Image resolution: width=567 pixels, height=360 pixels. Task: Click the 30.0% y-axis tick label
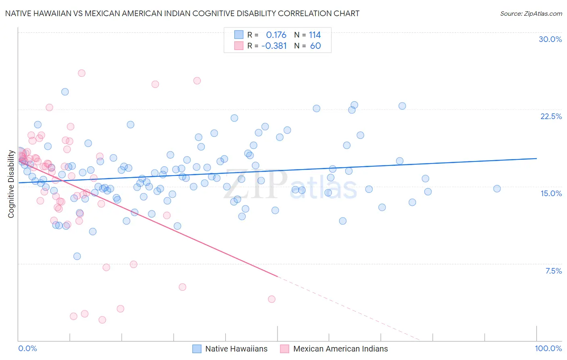[x=550, y=39]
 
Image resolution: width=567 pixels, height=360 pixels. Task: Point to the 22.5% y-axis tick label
[x=551, y=116]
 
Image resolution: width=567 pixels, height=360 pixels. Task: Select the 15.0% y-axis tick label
[x=551, y=193]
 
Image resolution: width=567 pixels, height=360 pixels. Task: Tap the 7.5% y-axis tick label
[x=553, y=271]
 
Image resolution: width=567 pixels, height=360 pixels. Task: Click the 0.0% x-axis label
[x=27, y=348]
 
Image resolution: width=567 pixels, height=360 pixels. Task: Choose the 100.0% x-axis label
[x=548, y=348]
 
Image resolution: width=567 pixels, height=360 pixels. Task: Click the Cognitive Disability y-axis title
[x=11, y=184]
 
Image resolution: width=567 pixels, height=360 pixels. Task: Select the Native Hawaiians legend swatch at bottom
[x=197, y=349]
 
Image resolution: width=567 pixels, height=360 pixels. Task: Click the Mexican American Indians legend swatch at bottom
[x=285, y=349]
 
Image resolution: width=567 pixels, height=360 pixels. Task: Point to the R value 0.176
[x=276, y=35]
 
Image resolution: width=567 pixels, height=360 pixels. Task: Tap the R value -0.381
[x=274, y=46]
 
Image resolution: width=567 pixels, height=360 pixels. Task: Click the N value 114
[x=315, y=35]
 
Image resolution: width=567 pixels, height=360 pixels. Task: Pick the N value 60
[x=315, y=46]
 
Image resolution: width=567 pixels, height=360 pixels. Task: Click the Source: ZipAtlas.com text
[x=531, y=14]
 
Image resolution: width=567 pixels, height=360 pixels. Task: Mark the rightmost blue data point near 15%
[x=497, y=188]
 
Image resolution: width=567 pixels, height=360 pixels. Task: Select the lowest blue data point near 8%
[x=77, y=256]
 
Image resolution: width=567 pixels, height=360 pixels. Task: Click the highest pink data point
[x=81, y=73]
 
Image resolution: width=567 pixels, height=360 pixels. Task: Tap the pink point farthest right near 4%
[x=271, y=299]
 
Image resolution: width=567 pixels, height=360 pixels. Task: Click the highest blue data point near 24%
[x=65, y=92]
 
